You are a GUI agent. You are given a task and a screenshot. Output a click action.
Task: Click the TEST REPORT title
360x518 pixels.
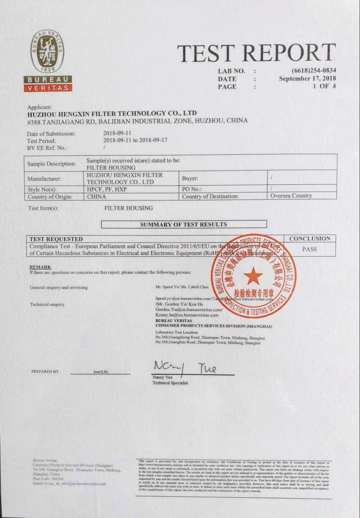click(257, 53)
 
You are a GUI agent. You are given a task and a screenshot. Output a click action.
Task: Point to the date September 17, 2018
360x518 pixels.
click(307, 78)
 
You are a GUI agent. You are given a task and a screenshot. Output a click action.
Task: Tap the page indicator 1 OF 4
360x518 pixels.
click(324, 86)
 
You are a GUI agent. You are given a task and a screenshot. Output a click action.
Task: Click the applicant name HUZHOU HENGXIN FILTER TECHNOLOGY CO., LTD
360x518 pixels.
click(112, 113)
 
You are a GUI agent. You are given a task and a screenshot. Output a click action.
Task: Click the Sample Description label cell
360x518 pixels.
click(52, 164)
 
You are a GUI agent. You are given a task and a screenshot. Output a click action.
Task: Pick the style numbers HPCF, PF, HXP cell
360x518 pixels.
click(107, 189)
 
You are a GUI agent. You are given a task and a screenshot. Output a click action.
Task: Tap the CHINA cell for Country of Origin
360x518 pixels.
click(97, 196)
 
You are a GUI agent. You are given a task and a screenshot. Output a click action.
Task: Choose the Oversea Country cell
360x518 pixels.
click(291, 196)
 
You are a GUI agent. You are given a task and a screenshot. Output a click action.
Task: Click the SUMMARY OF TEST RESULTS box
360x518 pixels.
click(183, 224)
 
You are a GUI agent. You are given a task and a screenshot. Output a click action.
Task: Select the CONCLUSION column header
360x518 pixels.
click(310, 239)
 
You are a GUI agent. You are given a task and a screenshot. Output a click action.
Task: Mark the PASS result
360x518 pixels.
click(310, 249)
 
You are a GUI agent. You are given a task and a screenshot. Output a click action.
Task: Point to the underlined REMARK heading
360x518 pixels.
click(40, 267)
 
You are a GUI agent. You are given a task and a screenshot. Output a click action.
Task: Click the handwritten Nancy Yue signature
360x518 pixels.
click(185, 367)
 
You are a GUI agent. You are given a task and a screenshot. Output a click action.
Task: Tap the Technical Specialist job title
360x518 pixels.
click(170, 383)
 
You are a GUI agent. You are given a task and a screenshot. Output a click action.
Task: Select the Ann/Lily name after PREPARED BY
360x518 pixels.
click(100, 372)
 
